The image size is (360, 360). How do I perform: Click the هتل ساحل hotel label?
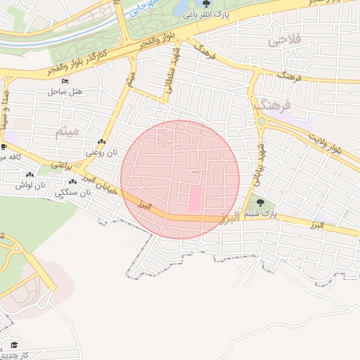tap(66, 92)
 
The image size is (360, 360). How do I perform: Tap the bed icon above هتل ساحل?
tap(65, 82)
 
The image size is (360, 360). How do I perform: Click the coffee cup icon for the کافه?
tap(4, 147)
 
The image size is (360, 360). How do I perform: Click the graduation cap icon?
tap(14, 345)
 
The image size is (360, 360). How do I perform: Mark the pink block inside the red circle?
tap(193, 198)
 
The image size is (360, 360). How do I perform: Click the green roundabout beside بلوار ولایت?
tap(262, 121)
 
